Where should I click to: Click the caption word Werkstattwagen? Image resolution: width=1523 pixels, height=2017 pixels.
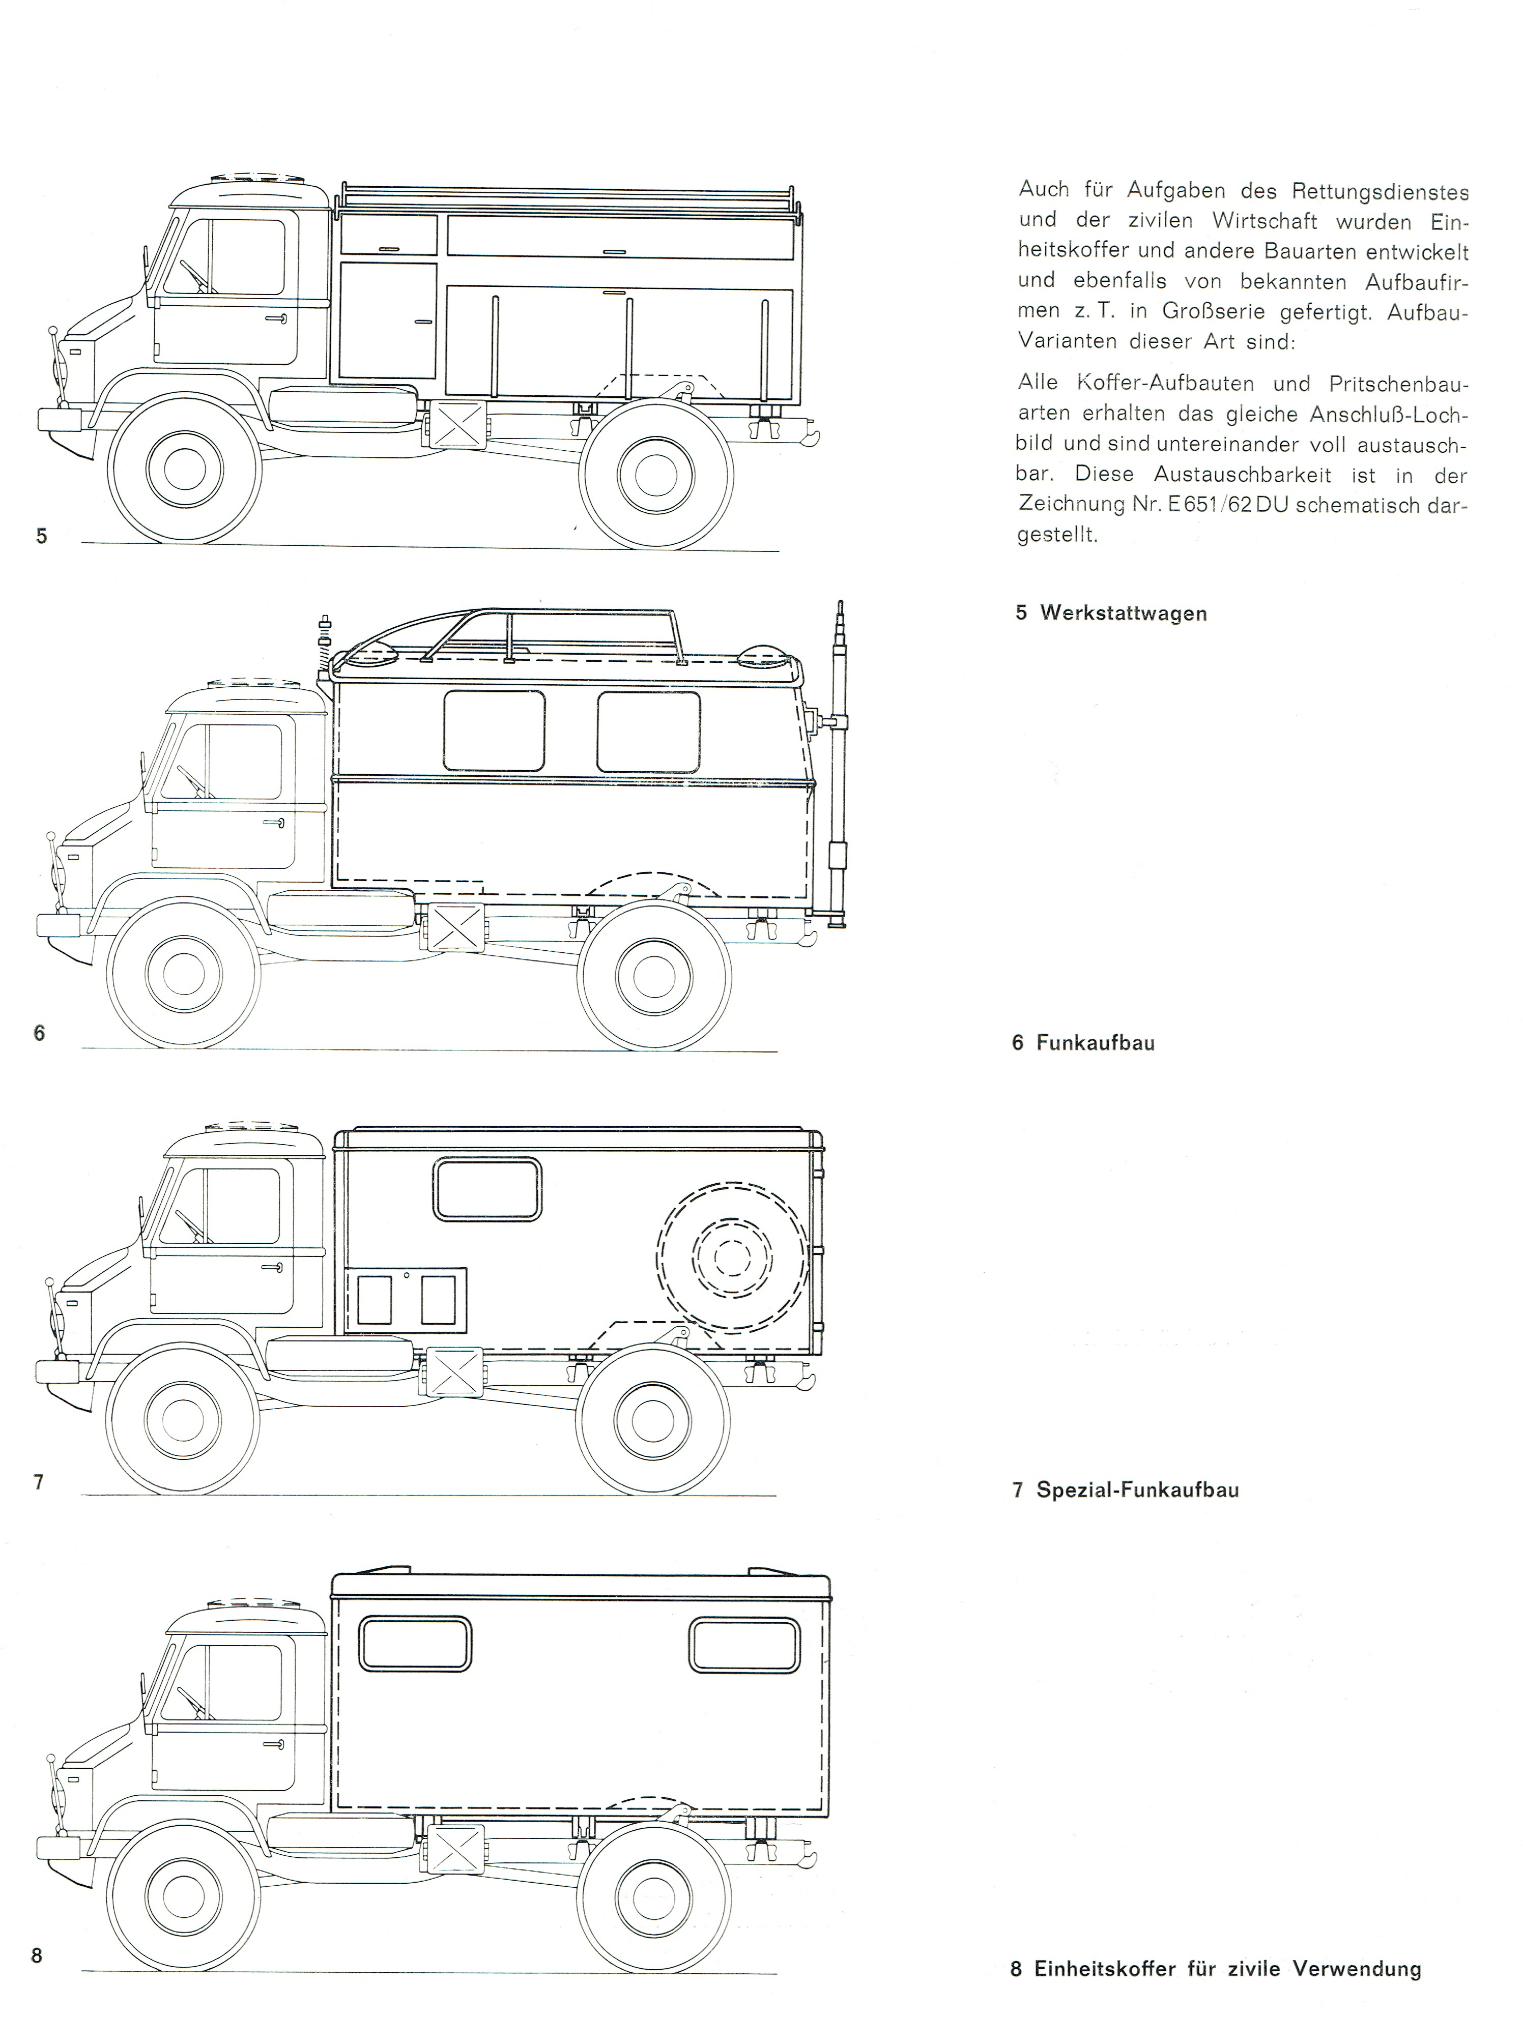[x=1124, y=613]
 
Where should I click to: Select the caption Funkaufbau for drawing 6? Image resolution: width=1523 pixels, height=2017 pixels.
[x=1095, y=1042]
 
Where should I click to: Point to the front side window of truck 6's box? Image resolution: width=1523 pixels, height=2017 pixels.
[x=494, y=730]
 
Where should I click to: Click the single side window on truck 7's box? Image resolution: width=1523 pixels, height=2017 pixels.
[x=487, y=1189]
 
